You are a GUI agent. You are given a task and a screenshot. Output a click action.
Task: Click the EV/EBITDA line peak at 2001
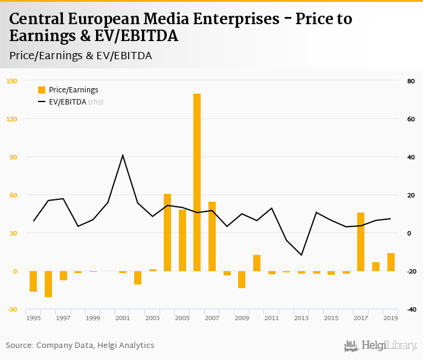pyautogui.click(x=123, y=155)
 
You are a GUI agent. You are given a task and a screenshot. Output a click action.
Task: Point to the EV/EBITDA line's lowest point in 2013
pyautogui.click(x=302, y=255)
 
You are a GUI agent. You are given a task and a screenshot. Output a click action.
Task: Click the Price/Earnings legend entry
pyautogui.click(x=73, y=89)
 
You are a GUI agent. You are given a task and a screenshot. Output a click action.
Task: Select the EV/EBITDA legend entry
pyautogui.click(x=70, y=101)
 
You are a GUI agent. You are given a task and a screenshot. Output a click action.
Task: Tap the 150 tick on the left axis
pyautogui.click(x=11, y=81)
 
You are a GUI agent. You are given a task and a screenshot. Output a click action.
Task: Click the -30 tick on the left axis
pyautogui.click(x=11, y=309)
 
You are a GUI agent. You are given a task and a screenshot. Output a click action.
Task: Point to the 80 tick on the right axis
pyautogui.click(x=412, y=81)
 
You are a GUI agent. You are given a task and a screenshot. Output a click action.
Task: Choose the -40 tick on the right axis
pyautogui.click(x=411, y=309)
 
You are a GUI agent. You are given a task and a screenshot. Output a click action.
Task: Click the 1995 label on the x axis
pyautogui.click(x=33, y=318)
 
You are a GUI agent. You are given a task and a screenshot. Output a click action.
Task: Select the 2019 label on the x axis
pyautogui.click(x=390, y=318)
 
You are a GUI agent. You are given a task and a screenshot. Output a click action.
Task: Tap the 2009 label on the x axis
pyautogui.click(x=242, y=318)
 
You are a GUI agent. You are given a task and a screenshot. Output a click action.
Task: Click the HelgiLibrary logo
pyautogui.click(x=381, y=346)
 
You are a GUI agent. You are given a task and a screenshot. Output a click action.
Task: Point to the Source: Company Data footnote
pyautogui.click(x=80, y=345)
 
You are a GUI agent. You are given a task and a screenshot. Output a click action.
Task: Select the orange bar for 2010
pyautogui.click(x=257, y=263)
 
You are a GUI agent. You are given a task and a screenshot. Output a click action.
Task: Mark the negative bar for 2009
pyautogui.click(x=242, y=280)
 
